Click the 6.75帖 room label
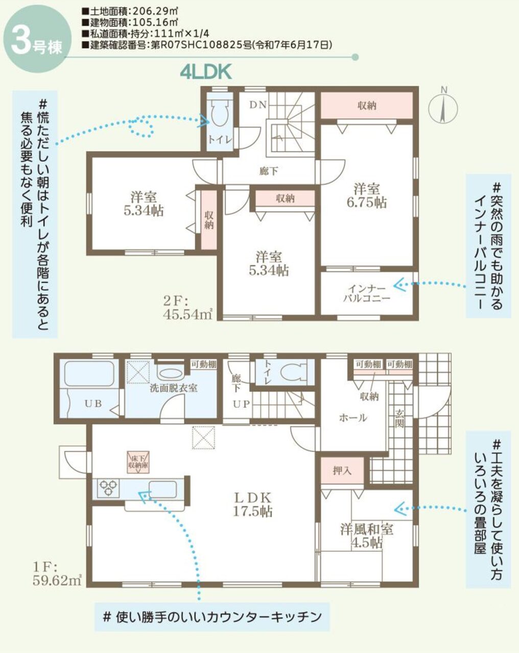click(x=367, y=195)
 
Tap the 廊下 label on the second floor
click(x=269, y=171)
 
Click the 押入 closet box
click(x=342, y=470)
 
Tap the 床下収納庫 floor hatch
click(x=139, y=462)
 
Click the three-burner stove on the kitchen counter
click(x=108, y=487)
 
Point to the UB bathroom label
click(x=93, y=404)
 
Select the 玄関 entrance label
click(x=399, y=419)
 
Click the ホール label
click(x=353, y=418)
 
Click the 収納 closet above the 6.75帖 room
click(x=367, y=106)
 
